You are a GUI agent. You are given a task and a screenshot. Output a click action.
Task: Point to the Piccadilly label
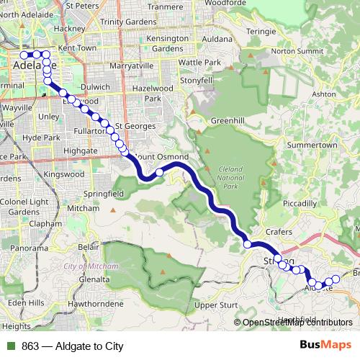(x=300, y=204)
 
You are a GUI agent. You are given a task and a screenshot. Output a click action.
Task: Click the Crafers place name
(x=279, y=231)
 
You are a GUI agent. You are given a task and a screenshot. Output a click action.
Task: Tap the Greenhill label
(x=230, y=120)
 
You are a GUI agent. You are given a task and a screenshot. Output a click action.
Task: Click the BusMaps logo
(x=325, y=346)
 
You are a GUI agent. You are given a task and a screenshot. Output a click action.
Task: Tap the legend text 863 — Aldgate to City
(x=68, y=346)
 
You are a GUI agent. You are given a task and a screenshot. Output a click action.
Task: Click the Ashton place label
(x=324, y=94)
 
